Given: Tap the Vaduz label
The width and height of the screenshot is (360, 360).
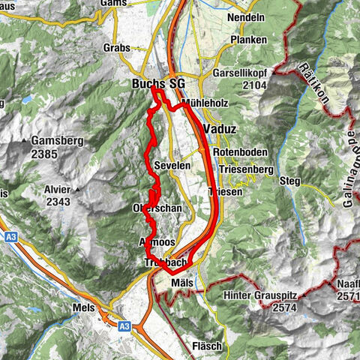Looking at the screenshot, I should tap(220, 129).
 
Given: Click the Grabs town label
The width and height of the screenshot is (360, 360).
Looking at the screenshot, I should tap(116, 47).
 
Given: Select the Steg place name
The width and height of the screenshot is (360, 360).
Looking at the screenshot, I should tap(290, 181).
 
